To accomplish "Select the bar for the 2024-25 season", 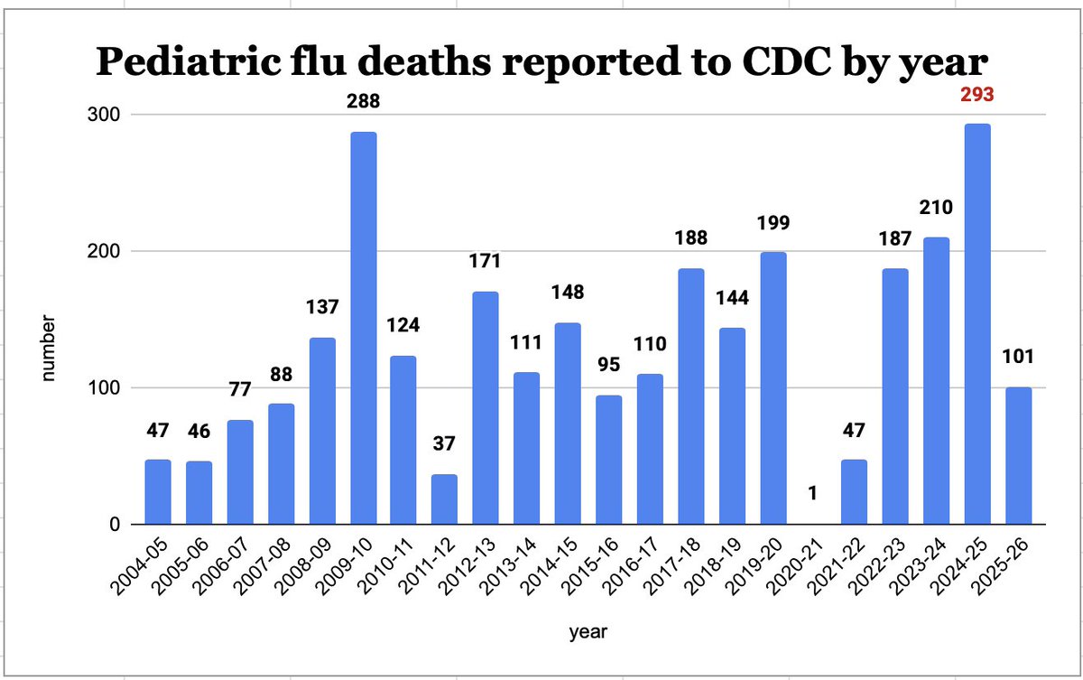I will click(x=977, y=324).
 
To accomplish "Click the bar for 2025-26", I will click(x=1018, y=456).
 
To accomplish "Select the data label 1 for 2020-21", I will click(x=813, y=493).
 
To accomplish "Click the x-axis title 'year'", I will click(x=588, y=633).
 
